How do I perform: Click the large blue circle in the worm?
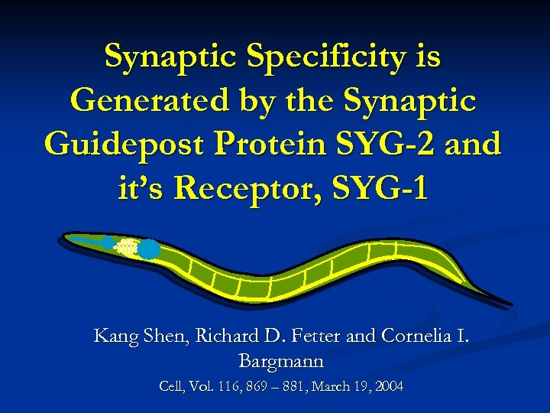tap(149, 249)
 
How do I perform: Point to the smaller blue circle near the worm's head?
tap(110, 243)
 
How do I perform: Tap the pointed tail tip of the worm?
tap(510, 304)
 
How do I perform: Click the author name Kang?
tap(113, 335)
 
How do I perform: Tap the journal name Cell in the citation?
tap(172, 387)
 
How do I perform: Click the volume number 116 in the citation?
tap(230, 387)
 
